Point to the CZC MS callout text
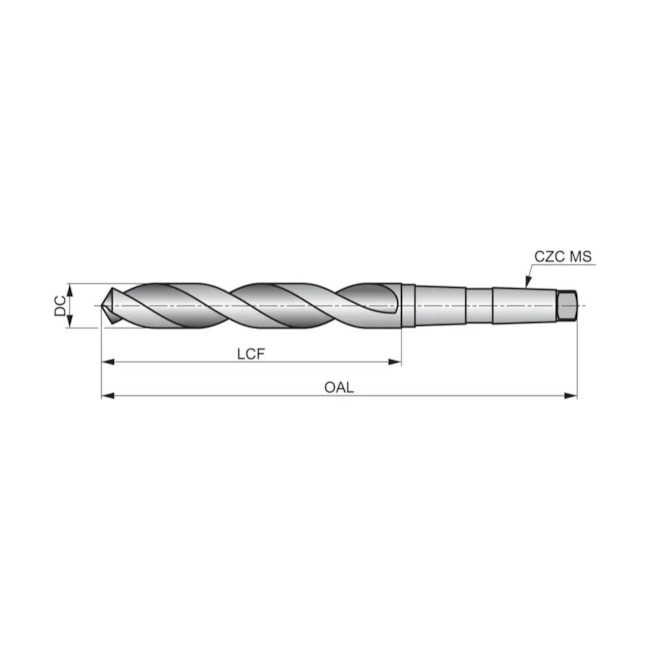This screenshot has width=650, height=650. [x=563, y=257]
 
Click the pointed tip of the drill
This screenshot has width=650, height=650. [x=104, y=306]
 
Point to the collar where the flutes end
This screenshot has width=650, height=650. [x=408, y=305]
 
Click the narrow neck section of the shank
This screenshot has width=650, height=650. [x=479, y=304]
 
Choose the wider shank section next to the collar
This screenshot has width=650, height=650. [x=440, y=305]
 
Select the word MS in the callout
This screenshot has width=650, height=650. [x=581, y=257]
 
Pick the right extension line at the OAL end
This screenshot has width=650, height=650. [x=577, y=360]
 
